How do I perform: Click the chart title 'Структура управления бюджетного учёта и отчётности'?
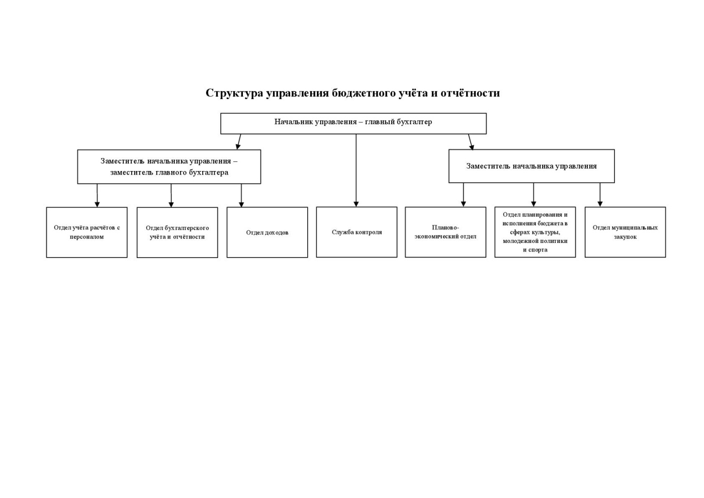353,93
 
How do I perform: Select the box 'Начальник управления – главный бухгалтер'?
353,123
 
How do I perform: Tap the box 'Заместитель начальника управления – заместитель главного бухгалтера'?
169,167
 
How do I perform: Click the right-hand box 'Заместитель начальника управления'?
531,166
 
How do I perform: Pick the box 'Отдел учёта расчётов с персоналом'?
86,232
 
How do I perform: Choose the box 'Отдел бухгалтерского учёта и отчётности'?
177,232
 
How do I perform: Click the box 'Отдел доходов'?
267,232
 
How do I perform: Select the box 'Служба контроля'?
357,232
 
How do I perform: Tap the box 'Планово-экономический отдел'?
445,232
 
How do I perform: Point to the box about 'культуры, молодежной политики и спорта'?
535,232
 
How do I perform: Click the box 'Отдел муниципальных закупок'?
625,232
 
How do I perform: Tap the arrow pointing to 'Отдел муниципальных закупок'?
600,195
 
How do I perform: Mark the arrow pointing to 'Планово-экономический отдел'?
463,195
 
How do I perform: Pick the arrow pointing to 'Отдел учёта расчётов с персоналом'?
97,195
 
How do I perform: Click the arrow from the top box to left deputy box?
239,141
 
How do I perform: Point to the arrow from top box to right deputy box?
470,141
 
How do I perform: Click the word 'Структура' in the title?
234,93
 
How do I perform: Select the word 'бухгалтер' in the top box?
414,122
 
